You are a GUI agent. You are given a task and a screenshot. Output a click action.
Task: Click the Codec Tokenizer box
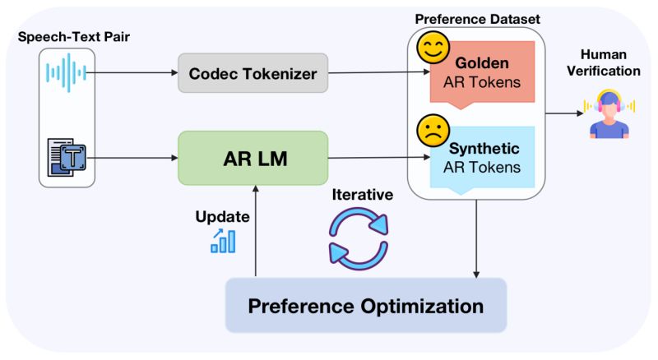tap(253, 74)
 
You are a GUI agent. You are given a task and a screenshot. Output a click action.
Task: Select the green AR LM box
tap(253, 158)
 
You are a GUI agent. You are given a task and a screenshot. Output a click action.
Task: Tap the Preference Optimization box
tap(366, 306)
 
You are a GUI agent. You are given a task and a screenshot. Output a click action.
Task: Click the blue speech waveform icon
tap(67, 73)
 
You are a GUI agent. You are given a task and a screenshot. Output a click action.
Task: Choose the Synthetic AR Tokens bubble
tap(482, 158)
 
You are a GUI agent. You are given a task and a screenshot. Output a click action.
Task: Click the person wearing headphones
tap(609, 114)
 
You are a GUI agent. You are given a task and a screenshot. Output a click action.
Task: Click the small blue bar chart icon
tap(223, 241)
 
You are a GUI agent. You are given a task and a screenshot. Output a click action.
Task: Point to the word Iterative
tap(362, 195)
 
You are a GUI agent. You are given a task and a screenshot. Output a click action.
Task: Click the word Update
tap(221, 218)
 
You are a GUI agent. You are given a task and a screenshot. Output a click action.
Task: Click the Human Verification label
tap(609, 62)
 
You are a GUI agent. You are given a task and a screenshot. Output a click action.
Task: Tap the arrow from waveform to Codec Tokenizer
tap(132, 73)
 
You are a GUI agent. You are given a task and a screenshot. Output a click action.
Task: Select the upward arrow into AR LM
tap(257, 230)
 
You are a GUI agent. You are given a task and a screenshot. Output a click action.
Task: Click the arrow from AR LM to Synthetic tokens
tap(378, 158)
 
